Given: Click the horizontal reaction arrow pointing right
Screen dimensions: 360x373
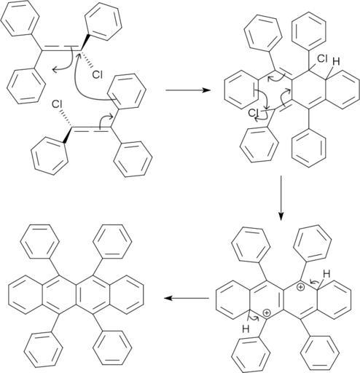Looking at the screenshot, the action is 188,90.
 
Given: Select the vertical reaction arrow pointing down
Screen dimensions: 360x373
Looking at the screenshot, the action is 281,198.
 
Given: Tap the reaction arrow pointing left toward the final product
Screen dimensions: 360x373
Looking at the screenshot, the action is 187,298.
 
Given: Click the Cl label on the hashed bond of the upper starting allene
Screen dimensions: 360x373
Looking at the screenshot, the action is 98,75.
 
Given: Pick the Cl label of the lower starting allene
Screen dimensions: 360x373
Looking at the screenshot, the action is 57,104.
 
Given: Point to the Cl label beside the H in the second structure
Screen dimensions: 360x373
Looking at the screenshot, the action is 322,58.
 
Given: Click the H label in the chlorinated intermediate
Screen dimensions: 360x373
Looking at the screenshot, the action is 336,62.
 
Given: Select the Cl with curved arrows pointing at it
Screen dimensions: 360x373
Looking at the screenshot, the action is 254,113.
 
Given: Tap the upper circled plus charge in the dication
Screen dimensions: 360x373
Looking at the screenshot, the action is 301,287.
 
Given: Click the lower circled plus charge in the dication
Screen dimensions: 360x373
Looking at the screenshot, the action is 267,313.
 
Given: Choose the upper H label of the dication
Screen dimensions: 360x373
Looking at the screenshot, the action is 326,274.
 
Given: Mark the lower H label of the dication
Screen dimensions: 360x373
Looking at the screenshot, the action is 246,329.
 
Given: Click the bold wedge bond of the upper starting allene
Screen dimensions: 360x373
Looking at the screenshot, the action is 85,43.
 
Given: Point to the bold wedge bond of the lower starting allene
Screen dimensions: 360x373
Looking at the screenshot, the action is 67,135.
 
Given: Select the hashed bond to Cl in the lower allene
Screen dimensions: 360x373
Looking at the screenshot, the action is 66,118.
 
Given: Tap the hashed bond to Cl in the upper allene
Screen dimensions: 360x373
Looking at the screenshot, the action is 87,59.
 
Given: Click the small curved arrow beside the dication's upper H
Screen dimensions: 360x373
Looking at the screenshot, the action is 314,282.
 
